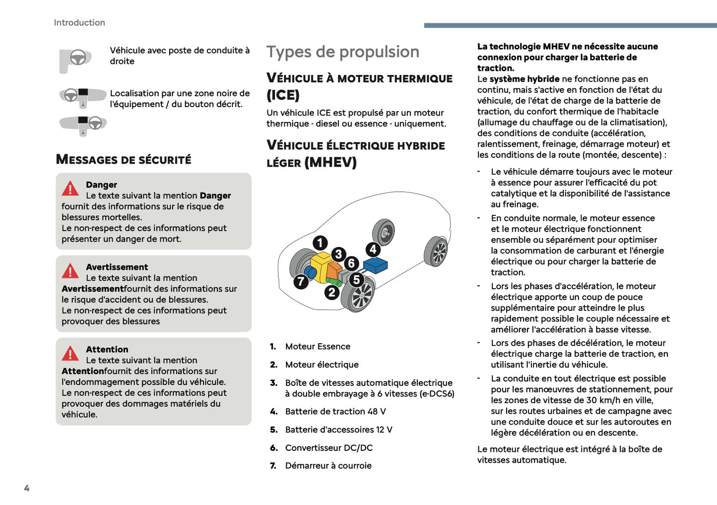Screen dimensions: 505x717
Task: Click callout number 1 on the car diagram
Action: click(x=320, y=243)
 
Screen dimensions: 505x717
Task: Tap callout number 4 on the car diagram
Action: click(x=373, y=250)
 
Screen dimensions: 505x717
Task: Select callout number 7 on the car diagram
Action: click(x=301, y=282)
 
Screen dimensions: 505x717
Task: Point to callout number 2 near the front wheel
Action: click(x=331, y=292)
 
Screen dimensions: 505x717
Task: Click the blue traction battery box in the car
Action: click(x=376, y=265)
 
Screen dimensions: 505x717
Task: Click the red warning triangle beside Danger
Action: click(x=70, y=189)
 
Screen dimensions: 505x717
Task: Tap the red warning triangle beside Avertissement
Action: click(x=70, y=271)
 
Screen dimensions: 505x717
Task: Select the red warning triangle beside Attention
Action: click(x=70, y=353)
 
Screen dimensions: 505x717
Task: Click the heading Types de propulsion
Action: click(x=343, y=52)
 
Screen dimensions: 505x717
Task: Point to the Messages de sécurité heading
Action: click(x=124, y=160)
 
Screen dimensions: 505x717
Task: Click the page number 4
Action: click(x=27, y=488)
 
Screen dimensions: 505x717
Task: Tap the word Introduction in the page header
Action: click(x=79, y=23)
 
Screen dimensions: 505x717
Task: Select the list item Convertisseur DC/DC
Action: click(x=328, y=447)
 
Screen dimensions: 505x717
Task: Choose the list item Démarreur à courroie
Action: click(x=328, y=465)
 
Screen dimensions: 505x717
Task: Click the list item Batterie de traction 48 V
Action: click(x=335, y=411)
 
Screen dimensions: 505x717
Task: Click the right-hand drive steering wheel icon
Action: click(x=77, y=58)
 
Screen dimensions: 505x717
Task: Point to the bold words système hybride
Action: click(x=524, y=79)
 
